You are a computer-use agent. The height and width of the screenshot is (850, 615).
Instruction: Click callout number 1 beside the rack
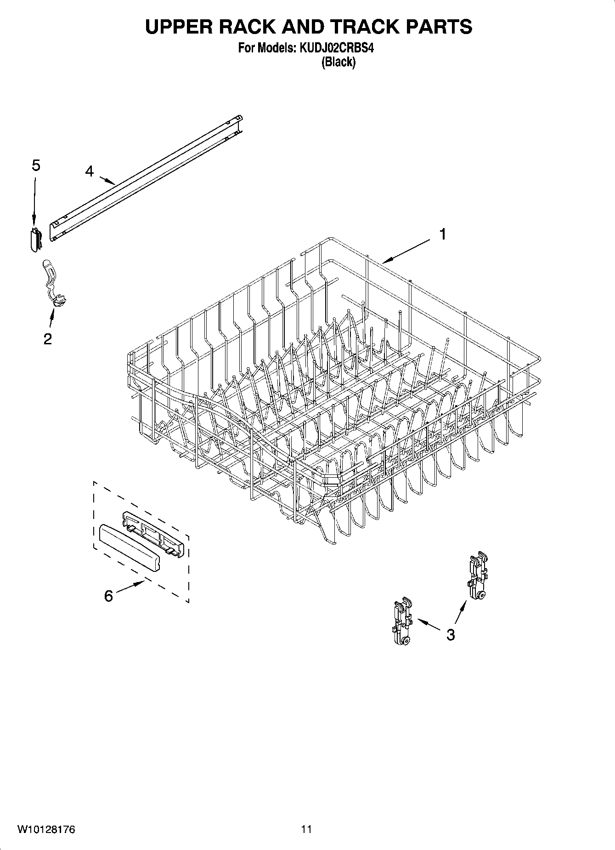click(x=442, y=234)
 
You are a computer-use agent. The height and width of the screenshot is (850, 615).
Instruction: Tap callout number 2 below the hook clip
click(x=47, y=339)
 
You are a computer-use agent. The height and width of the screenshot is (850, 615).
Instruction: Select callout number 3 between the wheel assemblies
click(x=451, y=634)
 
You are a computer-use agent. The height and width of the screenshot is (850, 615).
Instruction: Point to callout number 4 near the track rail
click(x=89, y=171)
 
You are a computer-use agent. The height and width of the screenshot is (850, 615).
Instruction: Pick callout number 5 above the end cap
click(x=36, y=165)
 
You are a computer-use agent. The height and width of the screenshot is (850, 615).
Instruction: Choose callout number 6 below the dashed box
click(x=108, y=596)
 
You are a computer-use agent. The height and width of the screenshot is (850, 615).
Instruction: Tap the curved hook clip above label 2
click(x=53, y=283)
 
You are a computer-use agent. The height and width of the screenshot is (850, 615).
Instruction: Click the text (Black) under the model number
click(x=338, y=62)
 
